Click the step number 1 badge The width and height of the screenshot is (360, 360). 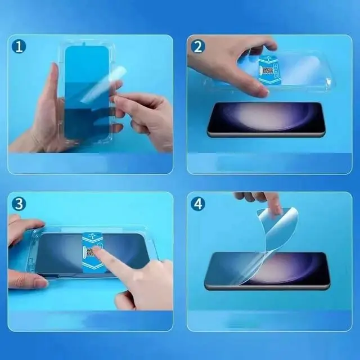tap(19, 46)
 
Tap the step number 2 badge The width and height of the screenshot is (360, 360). tap(198, 46)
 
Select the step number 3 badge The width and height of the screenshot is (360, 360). tap(19, 204)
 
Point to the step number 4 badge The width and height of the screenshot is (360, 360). tap(198, 204)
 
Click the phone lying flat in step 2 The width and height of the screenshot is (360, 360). tap(267, 120)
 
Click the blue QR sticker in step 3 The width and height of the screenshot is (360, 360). tap(92, 253)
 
